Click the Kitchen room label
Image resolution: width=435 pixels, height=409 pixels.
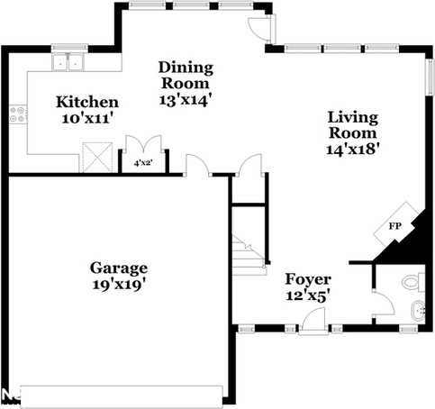click(86, 101)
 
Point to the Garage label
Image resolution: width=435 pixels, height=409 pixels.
click(118, 268)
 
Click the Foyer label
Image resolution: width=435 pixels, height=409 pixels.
click(308, 278)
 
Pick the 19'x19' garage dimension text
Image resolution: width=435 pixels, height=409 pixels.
click(118, 285)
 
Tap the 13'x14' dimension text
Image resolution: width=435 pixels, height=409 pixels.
click(186, 99)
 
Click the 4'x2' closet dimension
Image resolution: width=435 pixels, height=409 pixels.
click(143, 164)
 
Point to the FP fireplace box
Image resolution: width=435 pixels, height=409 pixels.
click(395, 224)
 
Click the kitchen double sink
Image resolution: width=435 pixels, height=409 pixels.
click(67, 63)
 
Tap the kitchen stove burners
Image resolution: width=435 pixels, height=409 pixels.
click(17, 114)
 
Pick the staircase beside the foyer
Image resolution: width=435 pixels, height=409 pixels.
click(247, 251)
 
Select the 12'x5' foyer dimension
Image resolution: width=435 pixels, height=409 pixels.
click(307, 295)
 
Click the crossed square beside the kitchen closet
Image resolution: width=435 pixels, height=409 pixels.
click(96, 157)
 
